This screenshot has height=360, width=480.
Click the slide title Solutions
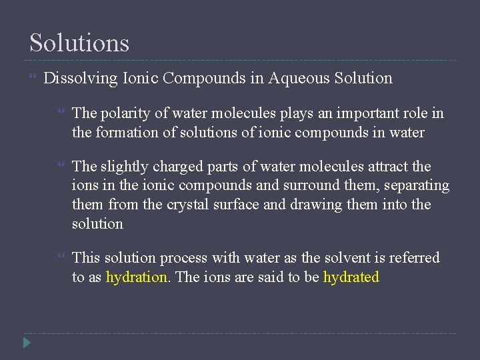(x=79, y=43)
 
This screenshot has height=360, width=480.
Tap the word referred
(x=413, y=258)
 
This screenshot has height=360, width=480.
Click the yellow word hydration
(x=136, y=277)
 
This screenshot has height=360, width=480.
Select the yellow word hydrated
(x=351, y=277)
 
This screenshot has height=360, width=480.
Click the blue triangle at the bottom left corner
(x=26, y=344)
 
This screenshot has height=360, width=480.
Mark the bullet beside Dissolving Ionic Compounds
(x=33, y=79)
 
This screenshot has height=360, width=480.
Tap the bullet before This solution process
(x=61, y=258)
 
